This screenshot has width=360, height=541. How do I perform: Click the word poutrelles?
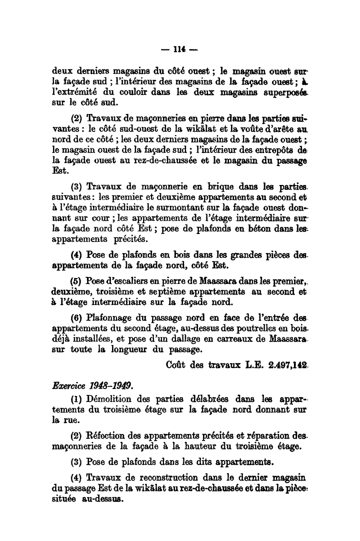click(272, 327)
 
